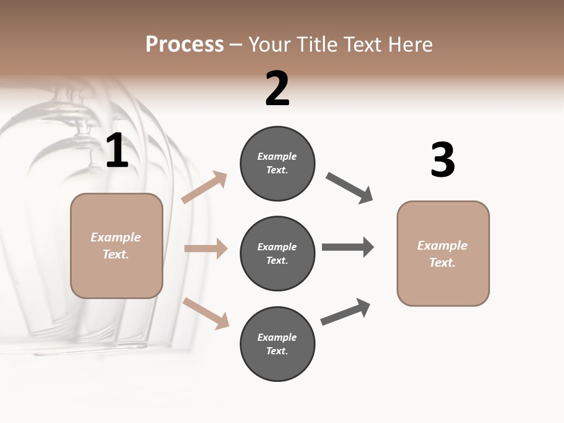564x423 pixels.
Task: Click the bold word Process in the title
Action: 184,45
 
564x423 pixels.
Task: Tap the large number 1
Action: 117,151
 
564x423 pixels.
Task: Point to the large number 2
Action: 277,89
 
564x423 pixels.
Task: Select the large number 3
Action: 442,160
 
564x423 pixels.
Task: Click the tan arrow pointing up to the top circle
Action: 204,187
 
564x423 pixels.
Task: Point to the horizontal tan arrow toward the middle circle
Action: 206,249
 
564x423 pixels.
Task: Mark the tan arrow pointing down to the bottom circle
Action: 206,313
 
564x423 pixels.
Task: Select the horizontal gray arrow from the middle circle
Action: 348,247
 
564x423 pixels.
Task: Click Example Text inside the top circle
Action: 277,163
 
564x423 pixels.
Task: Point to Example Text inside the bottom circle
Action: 277,344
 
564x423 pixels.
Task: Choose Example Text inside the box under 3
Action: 442,254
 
